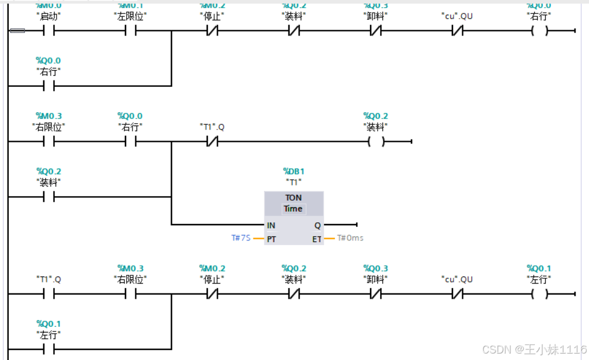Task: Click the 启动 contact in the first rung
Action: click(x=48, y=31)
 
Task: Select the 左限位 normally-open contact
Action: click(x=130, y=31)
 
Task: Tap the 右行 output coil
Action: click(x=539, y=31)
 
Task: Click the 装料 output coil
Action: click(x=376, y=142)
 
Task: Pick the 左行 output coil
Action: click(x=539, y=294)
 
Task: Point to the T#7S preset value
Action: click(x=241, y=238)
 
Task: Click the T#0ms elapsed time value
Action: click(x=350, y=238)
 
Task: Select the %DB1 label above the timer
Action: click(x=294, y=172)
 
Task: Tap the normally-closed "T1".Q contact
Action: click(x=212, y=142)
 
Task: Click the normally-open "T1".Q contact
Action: click(x=48, y=294)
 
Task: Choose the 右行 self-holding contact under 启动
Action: click(x=48, y=86)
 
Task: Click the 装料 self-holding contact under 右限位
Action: click(x=48, y=197)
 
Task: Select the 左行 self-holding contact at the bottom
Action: click(x=48, y=349)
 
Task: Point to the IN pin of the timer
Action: click(x=271, y=225)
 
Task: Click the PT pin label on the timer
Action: click(x=271, y=239)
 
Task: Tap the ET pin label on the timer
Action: click(x=316, y=239)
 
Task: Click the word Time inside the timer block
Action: click(x=293, y=208)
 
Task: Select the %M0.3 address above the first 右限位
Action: click(x=48, y=116)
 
